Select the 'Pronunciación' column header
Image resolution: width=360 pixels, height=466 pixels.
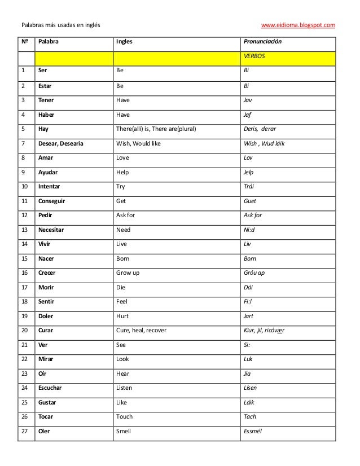(x=262, y=42)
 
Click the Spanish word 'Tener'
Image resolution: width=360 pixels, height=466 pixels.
(x=46, y=100)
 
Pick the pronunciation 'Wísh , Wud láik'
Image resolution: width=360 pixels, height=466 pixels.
(x=264, y=143)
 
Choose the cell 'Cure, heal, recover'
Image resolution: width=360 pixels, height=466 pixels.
(x=141, y=330)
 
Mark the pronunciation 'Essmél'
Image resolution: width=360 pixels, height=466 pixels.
(x=253, y=431)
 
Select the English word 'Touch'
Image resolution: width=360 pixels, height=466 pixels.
(x=124, y=416)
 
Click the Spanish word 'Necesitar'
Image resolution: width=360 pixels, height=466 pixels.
(x=52, y=230)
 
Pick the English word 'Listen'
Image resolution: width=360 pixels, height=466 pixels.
(x=125, y=388)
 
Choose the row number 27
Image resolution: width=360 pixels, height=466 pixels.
(x=24, y=431)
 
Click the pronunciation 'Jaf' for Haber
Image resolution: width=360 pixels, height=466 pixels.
(x=247, y=115)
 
